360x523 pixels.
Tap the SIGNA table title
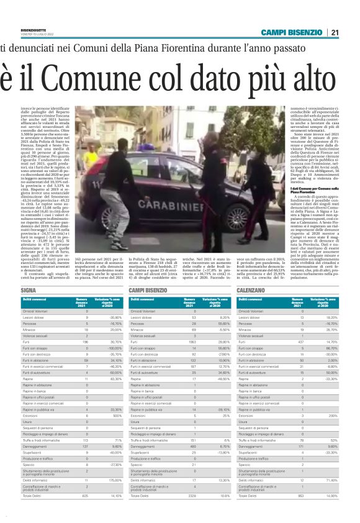click(x=29, y=290)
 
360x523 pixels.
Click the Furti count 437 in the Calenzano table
click(x=302, y=342)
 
